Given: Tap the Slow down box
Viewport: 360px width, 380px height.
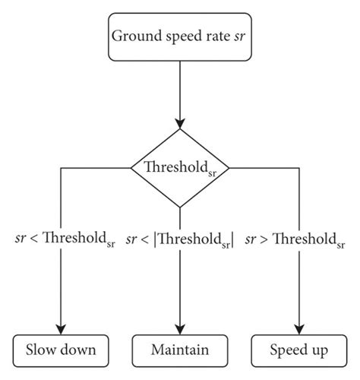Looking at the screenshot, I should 60,350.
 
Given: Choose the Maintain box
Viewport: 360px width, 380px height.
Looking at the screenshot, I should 180,350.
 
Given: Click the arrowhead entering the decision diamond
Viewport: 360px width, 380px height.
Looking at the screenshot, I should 180,124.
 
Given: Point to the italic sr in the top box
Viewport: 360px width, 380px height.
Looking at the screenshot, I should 242,35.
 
